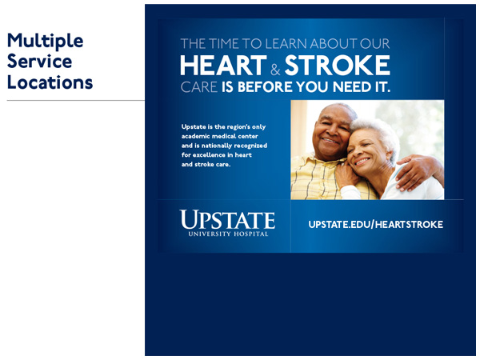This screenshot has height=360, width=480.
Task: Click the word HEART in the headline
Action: (x=223, y=66)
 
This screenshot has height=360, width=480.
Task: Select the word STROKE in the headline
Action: (x=338, y=66)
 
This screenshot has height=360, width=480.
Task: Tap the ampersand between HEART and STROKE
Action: (x=275, y=69)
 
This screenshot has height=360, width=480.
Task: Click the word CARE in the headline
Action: (x=199, y=87)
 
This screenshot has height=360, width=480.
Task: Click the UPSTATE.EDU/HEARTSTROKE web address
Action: (x=376, y=224)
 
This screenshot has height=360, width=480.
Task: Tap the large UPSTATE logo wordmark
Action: (x=227, y=219)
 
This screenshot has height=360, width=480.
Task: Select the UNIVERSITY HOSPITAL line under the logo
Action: (x=228, y=234)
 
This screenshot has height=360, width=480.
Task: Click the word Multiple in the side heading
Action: (x=45, y=42)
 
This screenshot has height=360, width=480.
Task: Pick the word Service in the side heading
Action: (x=39, y=62)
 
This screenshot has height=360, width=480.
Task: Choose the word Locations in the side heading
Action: (x=50, y=82)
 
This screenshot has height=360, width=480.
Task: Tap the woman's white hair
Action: (x=379, y=132)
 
